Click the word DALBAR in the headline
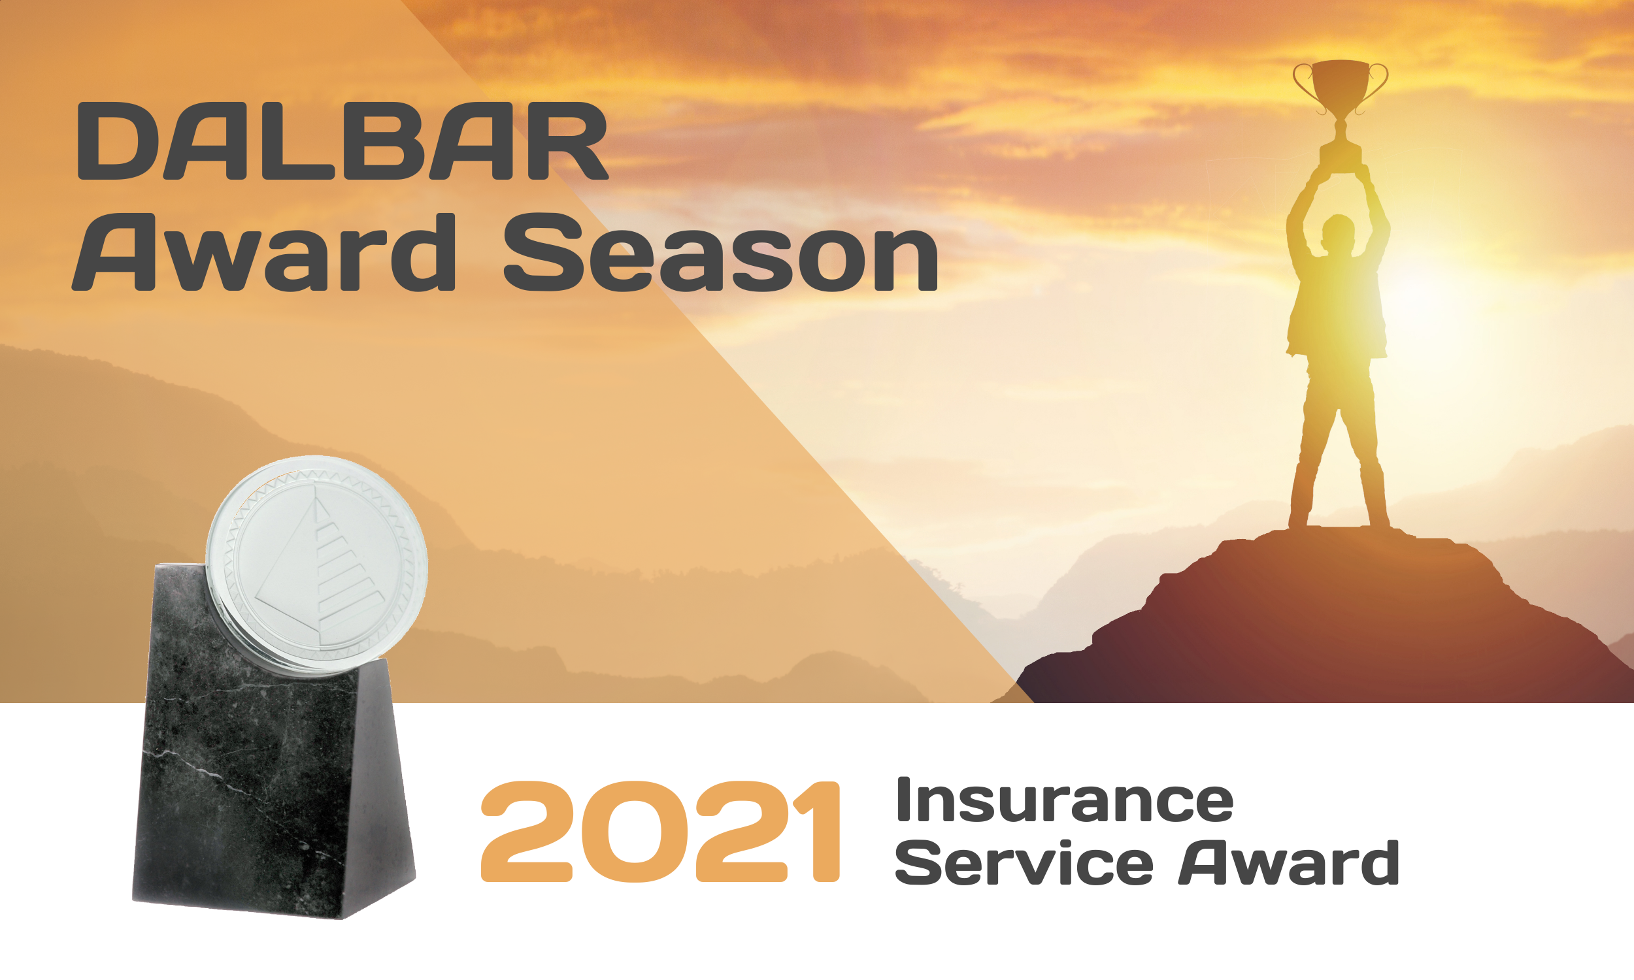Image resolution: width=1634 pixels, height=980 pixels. tap(342, 140)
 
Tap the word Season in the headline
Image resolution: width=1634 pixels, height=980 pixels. tap(720, 252)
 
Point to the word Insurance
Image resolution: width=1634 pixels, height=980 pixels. tap(1064, 800)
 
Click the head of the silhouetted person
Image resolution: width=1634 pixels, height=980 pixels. tap(1339, 233)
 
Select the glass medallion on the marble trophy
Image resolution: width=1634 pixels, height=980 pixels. tap(317, 565)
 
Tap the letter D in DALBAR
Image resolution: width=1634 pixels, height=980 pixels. tap(118, 140)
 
